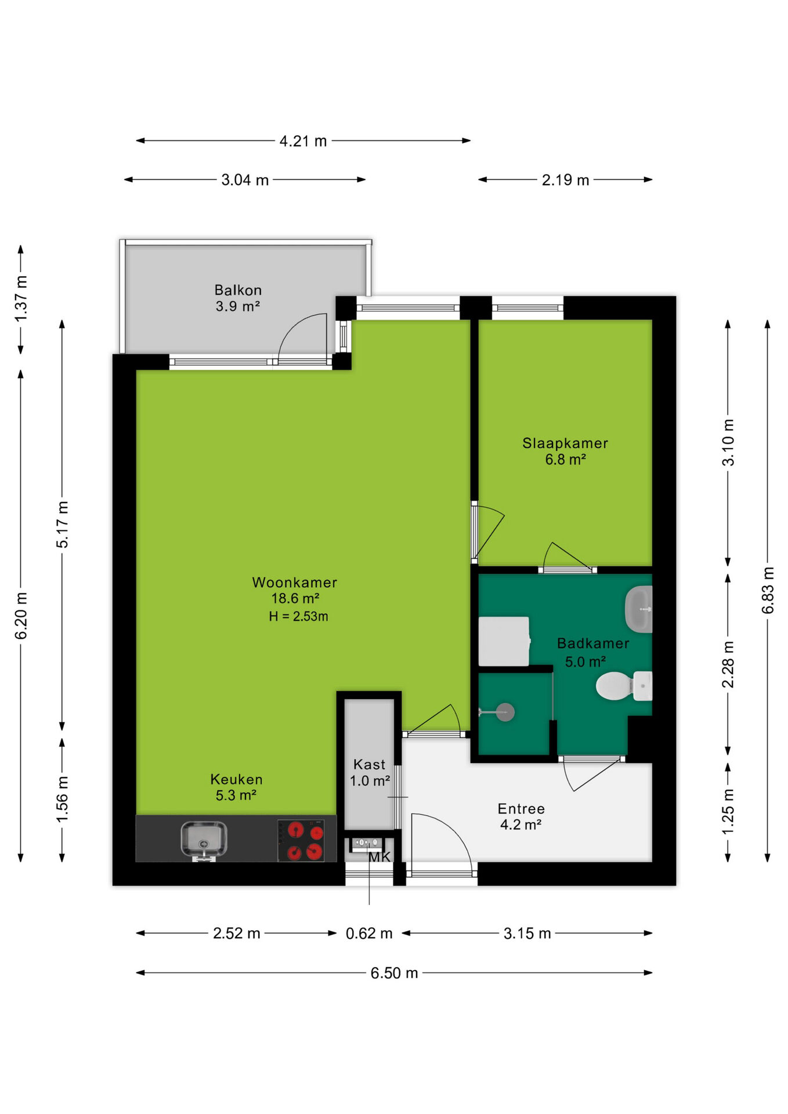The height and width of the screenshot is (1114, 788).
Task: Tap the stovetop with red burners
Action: (x=301, y=840)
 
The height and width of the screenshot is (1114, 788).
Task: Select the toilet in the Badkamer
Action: (x=624, y=686)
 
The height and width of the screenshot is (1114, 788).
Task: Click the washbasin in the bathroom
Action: (x=639, y=609)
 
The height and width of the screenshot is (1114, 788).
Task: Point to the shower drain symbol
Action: (x=505, y=712)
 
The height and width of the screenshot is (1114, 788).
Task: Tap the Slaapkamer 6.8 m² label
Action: (x=565, y=451)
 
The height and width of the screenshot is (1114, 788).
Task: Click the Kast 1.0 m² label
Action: (x=370, y=772)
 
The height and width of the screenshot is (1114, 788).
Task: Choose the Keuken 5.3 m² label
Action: (x=236, y=787)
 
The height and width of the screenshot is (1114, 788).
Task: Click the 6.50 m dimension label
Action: (x=395, y=973)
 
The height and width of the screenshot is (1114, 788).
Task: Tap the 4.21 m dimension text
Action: (x=303, y=141)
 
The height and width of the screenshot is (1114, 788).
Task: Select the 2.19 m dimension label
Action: (x=566, y=180)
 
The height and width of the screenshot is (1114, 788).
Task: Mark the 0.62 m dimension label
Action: (x=369, y=934)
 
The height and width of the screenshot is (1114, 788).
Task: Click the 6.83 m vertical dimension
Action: (x=768, y=591)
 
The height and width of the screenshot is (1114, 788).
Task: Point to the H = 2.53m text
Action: (x=298, y=616)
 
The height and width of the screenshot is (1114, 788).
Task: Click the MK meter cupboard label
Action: (x=379, y=857)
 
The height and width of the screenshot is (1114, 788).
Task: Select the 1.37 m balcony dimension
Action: (x=21, y=299)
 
